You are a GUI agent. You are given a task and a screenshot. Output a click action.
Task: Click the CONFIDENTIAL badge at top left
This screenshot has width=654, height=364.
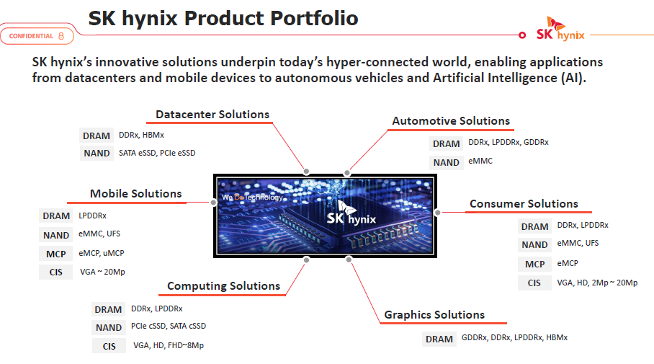(37, 36)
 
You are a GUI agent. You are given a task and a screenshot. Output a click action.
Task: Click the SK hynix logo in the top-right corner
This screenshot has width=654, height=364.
(560, 29)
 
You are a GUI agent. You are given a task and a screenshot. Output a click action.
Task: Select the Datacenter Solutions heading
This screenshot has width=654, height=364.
(212, 115)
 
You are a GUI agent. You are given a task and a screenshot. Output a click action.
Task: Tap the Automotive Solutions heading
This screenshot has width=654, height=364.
(451, 121)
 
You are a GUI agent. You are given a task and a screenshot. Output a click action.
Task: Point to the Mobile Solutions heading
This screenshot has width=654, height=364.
(136, 194)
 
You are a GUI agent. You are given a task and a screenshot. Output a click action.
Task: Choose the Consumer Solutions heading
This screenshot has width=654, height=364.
(524, 204)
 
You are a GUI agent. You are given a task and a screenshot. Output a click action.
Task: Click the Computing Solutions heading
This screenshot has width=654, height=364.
(223, 286)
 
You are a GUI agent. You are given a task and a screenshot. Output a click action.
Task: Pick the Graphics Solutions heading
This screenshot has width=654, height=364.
(434, 315)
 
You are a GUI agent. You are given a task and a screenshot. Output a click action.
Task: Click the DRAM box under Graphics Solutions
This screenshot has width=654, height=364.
(439, 339)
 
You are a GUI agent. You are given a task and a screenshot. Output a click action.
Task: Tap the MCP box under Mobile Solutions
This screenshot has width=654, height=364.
(56, 254)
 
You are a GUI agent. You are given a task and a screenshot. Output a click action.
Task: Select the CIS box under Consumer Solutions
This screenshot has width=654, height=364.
(534, 283)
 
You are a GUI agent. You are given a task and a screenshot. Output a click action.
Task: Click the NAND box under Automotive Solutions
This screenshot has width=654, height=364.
(447, 162)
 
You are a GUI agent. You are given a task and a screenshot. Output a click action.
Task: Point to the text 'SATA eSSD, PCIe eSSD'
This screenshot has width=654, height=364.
(157, 154)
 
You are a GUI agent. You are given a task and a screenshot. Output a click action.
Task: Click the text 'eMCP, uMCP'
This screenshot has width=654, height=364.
(102, 253)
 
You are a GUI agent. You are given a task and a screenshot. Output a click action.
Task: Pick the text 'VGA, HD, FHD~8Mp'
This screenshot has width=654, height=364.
(169, 345)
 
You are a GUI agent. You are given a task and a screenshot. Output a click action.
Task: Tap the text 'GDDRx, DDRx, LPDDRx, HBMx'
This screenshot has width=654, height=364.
(514, 337)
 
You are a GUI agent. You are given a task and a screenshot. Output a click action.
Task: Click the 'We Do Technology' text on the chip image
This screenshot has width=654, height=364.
(252, 197)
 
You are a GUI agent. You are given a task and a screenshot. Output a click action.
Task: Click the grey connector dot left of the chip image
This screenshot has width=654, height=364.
(213, 203)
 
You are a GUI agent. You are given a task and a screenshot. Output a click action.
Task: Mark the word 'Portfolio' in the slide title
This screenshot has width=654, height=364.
(313, 18)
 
